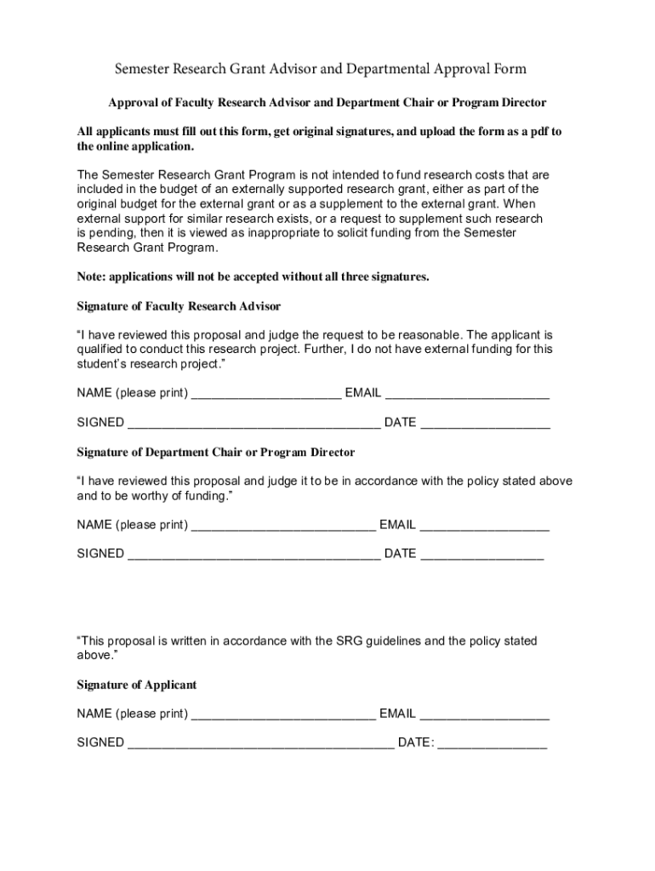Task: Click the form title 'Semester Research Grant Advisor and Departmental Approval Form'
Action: [x=321, y=69]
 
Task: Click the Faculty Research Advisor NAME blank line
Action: [x=266, y=394]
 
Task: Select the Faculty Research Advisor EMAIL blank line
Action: [x=467, y=394]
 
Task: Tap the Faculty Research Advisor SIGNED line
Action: [x=253, y=423]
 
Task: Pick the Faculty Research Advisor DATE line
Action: [x=485, y=423]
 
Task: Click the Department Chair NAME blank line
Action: [x=283, y=526]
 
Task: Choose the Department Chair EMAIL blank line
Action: [x=484, y=526]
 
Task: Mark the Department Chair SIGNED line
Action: [x=253, y=554]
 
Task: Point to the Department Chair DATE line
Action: [x=481, y=554]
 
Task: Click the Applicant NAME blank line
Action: [x=283, y=714]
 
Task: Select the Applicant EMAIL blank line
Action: [x=484, y=714]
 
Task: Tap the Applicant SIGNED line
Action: [x=260, y=743]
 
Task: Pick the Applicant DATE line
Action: [x=493, y=743]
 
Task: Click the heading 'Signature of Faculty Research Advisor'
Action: [x=179, y=306]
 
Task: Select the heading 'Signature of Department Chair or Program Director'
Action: [x=216, y=453]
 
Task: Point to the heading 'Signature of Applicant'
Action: [x=137, y=685]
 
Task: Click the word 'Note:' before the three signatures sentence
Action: [x=92, y=276]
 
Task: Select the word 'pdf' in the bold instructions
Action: [x=531, y=132]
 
